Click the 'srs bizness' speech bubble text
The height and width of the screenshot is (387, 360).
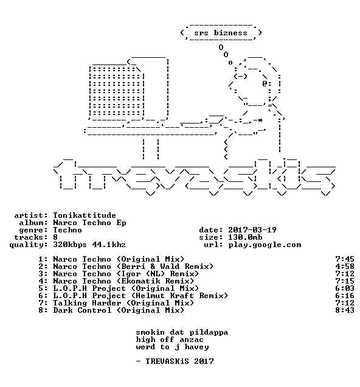[220, 33]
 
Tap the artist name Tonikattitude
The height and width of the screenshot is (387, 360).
[85, 215]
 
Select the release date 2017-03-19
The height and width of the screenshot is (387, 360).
[252, 230]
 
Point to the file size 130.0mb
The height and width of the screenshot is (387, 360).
[245, 237]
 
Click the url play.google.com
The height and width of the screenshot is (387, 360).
[265, 245]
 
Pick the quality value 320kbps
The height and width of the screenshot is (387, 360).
[70, 245]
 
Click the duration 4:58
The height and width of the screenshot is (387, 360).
[344, 267]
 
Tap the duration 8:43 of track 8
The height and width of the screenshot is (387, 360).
[344, 310]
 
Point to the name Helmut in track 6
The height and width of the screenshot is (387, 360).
[150, 296]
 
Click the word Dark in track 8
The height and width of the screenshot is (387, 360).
[63, 310]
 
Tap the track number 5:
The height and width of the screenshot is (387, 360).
[43, 288]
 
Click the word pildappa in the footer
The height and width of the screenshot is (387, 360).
[209, 333]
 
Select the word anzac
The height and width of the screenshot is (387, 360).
[192, 340]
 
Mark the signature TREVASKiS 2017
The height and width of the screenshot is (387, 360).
[179, 361]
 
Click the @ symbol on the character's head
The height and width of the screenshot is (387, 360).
[265, 83]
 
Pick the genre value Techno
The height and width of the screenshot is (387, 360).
[67, 230]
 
